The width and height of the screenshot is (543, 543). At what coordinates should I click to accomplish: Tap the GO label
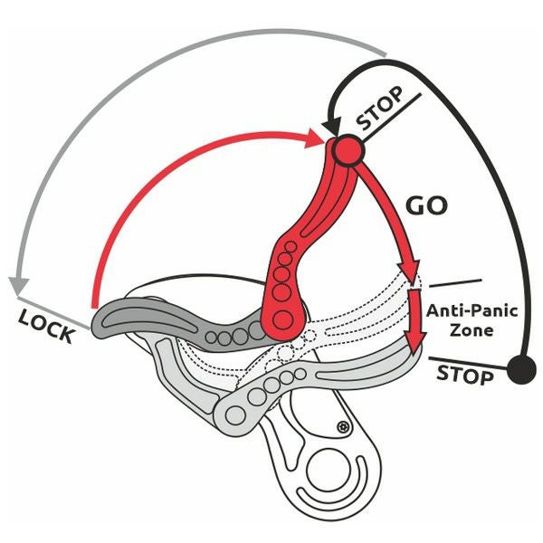click(426, 205)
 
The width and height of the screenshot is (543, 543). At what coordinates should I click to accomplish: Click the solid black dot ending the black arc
click(519, 368)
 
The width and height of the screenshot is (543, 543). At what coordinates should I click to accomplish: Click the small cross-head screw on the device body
click(342, 425)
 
